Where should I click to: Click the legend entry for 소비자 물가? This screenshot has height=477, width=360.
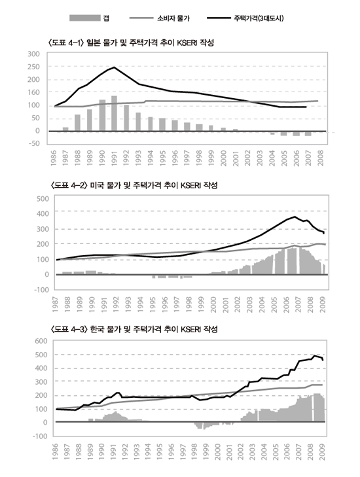[x=160, y=18]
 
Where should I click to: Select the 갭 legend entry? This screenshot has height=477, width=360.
[x=89, y=18]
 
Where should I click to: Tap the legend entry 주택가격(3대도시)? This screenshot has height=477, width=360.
[x=245, y=18]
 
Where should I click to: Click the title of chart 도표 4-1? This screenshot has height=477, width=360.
[x=131, y=43]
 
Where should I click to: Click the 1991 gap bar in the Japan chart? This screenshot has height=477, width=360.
[x=114, y=113]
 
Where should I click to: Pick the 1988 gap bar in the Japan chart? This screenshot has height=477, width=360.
[x=78, y=123]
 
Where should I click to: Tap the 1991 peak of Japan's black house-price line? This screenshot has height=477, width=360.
[x=114, y=67]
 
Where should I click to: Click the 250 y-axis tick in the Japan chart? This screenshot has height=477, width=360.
[x=33, y=67]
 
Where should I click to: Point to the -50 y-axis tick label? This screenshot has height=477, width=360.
[x=34, y=143]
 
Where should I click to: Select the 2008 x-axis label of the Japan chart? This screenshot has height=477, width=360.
[x=321, y=158]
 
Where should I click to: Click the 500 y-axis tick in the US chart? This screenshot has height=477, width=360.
[x=43, y=199]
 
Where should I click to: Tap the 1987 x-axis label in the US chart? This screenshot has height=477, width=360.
[x=55, y=304]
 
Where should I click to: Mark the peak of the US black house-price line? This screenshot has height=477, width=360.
[x=295, y=217]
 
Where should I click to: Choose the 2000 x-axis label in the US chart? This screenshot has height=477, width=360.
[x=213, y=304]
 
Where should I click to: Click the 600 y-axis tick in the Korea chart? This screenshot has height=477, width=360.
[x=41, y=341]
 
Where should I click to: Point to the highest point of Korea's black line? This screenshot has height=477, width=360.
[x=314, y=355]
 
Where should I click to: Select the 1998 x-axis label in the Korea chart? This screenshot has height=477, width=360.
[x=194, y=451]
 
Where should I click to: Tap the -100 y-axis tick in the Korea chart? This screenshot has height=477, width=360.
[x=41, y=436]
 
